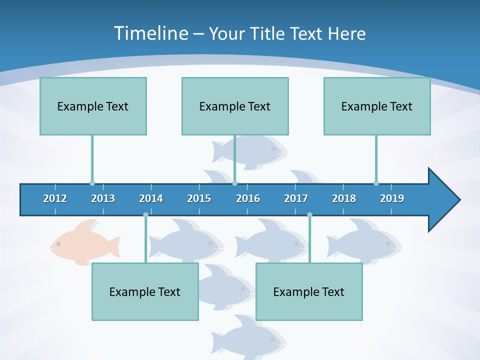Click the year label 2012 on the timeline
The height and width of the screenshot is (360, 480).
(55, 198)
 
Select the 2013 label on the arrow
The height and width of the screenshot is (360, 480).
(103, 198)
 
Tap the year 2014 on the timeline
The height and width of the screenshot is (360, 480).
(151, 198)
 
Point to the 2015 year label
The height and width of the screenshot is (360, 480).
(199, 198)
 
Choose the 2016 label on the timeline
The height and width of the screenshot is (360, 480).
(248, 198)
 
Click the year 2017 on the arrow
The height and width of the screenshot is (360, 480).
(296, 198)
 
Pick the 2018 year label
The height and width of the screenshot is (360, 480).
(344, 198)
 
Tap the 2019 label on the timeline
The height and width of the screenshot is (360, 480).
(392, 198)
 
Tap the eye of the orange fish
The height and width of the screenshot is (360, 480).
(58, 244)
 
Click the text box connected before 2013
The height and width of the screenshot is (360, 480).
(93, 106)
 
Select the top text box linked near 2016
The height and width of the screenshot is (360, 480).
(235, 106)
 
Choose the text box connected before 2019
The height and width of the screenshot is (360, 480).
(377, 106)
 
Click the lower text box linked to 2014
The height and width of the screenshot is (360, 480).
(145, 291)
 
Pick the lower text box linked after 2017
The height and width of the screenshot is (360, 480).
(309, 291)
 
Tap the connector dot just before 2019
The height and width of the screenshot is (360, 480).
(376, 183)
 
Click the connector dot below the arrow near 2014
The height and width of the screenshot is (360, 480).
(145, 214)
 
